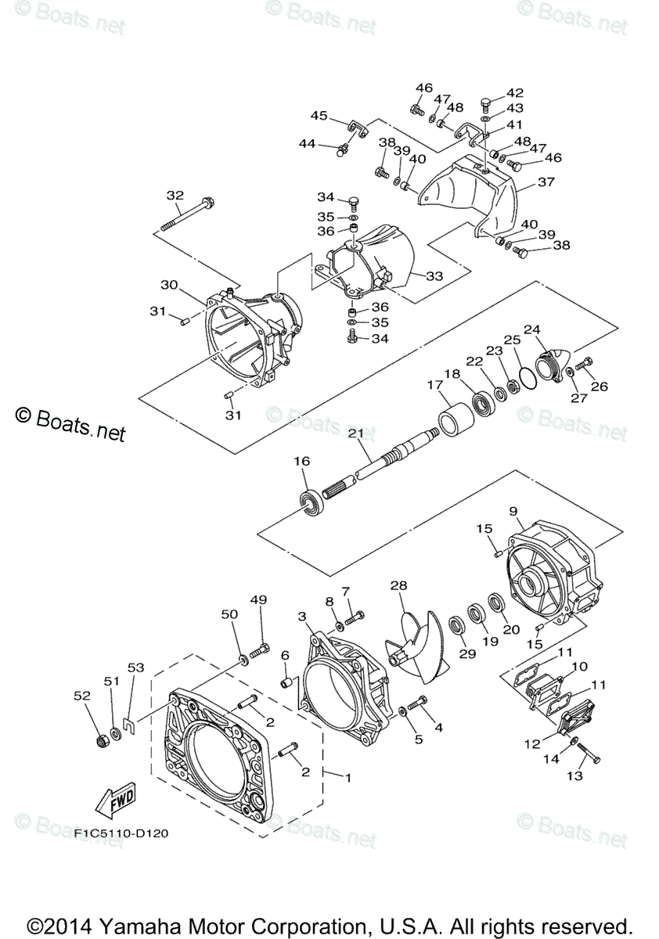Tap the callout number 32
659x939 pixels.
[175, 195]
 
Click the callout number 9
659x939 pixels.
[513, 511]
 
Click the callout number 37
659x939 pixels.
[545, 182]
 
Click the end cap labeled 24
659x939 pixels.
[553, 361]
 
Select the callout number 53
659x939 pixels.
[136, 667]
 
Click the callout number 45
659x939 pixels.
[319, 115]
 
